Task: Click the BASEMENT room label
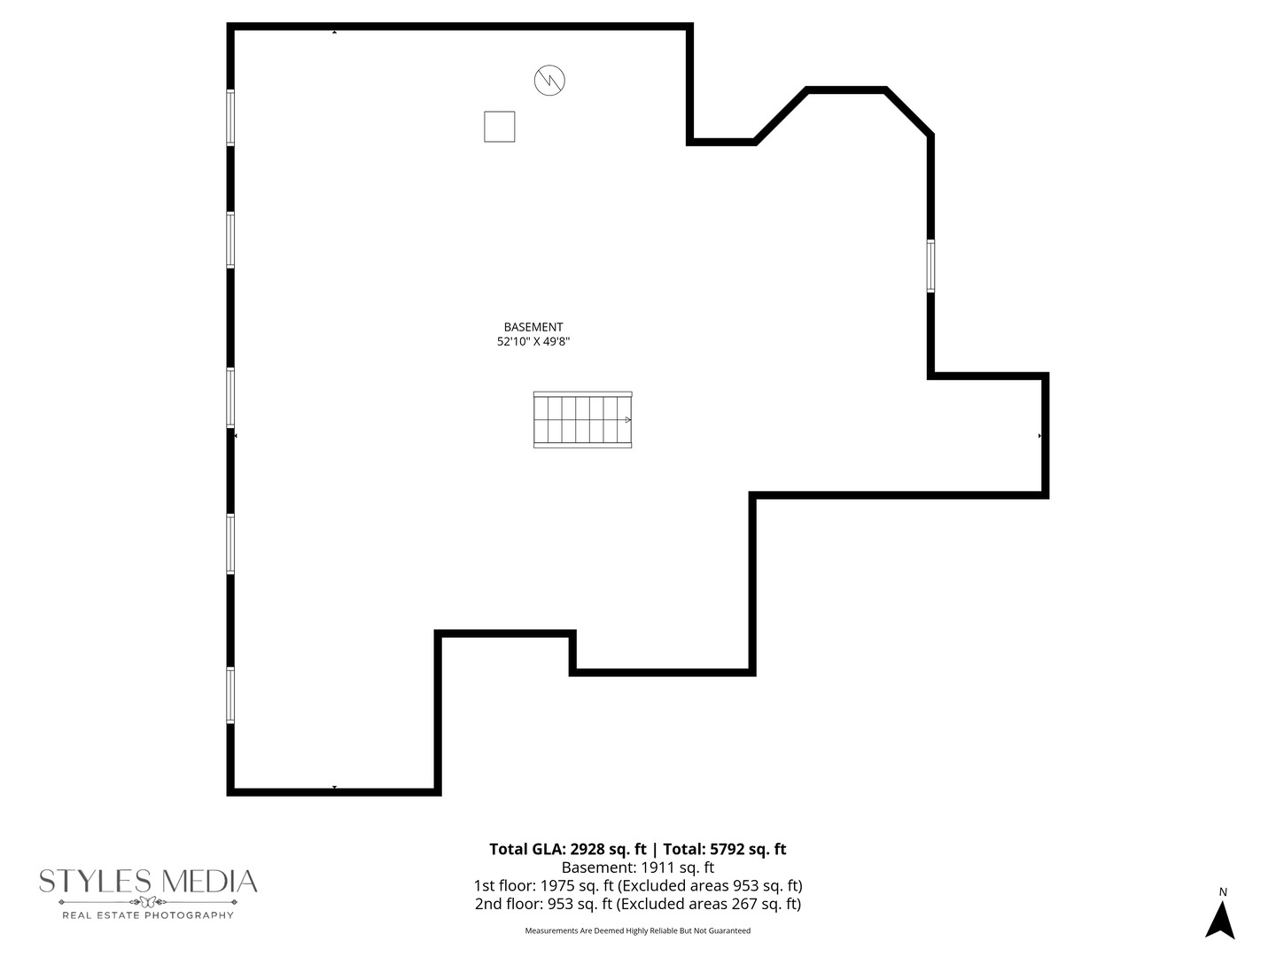533,327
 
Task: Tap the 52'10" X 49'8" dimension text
533,341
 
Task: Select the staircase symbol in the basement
582,419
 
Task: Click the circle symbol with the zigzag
549,81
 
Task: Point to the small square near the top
499,127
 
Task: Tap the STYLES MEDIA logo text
148,882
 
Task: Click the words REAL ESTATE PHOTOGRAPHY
148,914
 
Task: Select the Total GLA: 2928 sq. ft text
567,849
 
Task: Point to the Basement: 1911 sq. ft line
637,868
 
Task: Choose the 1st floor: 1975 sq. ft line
637,885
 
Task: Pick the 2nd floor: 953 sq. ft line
637,904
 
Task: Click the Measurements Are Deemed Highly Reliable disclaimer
637,930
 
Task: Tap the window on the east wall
930,266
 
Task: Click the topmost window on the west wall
230,117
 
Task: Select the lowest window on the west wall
230,695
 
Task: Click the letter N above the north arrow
1223,891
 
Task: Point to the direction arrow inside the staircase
626,419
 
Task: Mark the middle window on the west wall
230,397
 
